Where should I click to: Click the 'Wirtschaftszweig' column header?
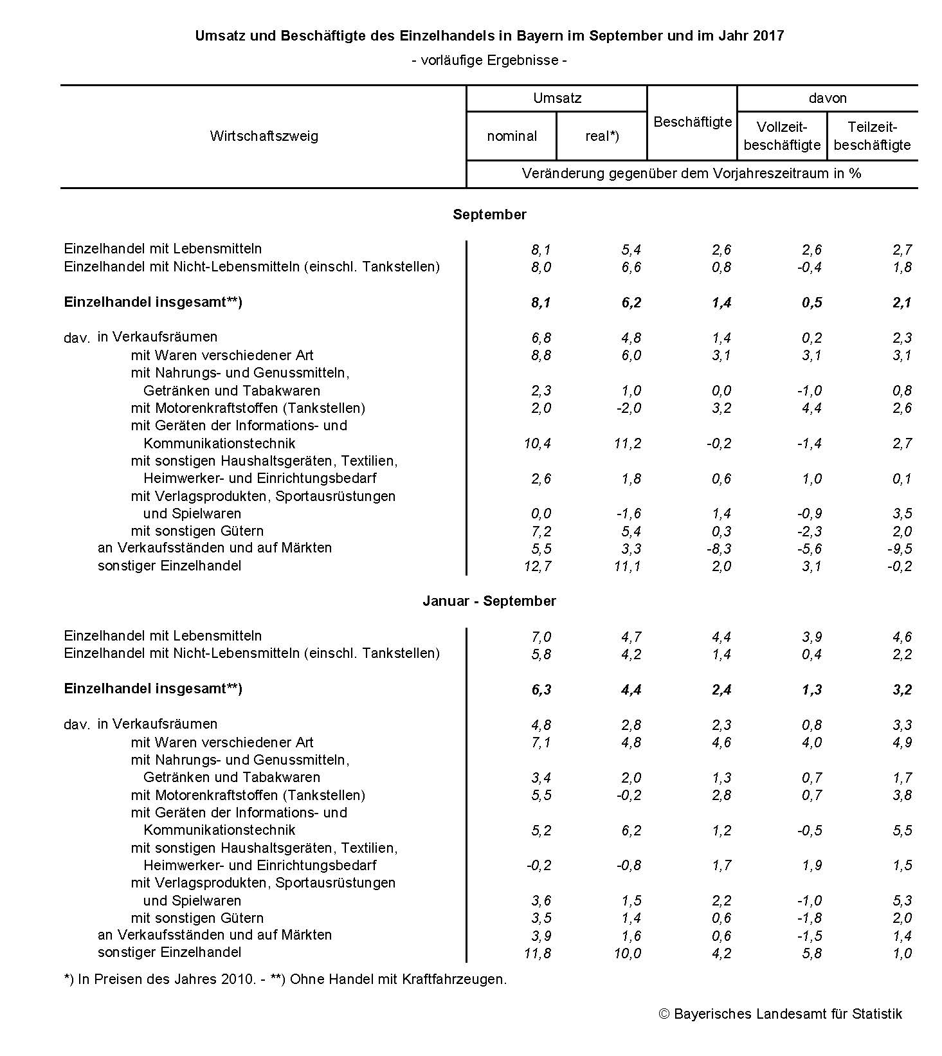pos(264,136)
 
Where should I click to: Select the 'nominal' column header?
pos(512,136)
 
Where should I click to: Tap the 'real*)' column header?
pos(602,136)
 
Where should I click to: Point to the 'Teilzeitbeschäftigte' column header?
pos(872,136)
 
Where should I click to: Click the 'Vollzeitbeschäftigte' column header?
pos(782,136)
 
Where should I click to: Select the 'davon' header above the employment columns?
pos(828,98)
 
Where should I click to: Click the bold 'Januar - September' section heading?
pos(489,601)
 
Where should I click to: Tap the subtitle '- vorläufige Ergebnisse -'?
pos(489,60)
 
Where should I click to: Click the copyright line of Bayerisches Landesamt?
pos(781,1014)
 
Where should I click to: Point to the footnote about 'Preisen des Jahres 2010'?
pos(285,979)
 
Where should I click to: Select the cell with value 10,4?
pos(537,444)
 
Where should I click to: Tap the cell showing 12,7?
pos(537,567)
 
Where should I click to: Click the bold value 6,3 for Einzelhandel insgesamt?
pos(541,690)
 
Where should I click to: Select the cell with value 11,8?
pos(537,954)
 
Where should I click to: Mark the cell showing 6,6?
pos(631,268)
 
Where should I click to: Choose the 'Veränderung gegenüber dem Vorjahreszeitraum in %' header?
pos(691,174)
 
